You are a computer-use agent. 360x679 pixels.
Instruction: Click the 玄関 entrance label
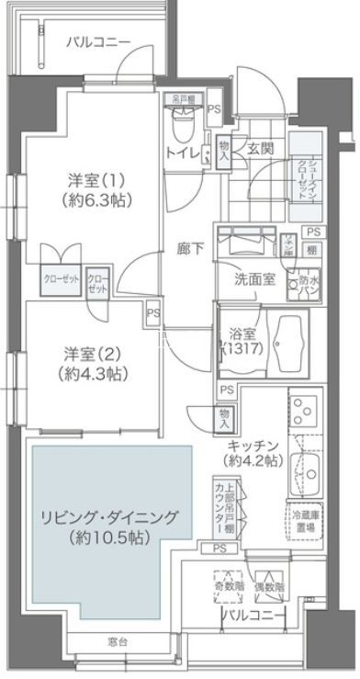[x=256, y=148]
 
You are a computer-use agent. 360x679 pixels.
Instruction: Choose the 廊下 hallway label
[x=191, y=247]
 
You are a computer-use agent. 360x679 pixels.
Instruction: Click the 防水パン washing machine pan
[x=303, y=286]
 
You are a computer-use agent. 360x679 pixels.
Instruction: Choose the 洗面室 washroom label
[x=255, y=279]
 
